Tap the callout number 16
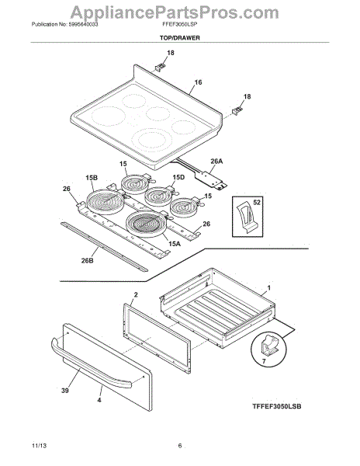(198, 82)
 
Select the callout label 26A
(216, 162)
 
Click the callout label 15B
(92, 178)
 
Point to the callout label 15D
(178, 177)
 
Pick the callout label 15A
(175, 244)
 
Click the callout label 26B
(87, 261)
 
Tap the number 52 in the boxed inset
(257, 203)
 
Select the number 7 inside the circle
(264, 361)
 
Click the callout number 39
(65, 391)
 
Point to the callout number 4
(99, 400)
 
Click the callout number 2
(136, 295)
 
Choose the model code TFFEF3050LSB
(277, 406)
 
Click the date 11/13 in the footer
(39, 446)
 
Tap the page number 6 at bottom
(179, 446)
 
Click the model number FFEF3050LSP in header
(178, 24)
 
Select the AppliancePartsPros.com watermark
(175, 12)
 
